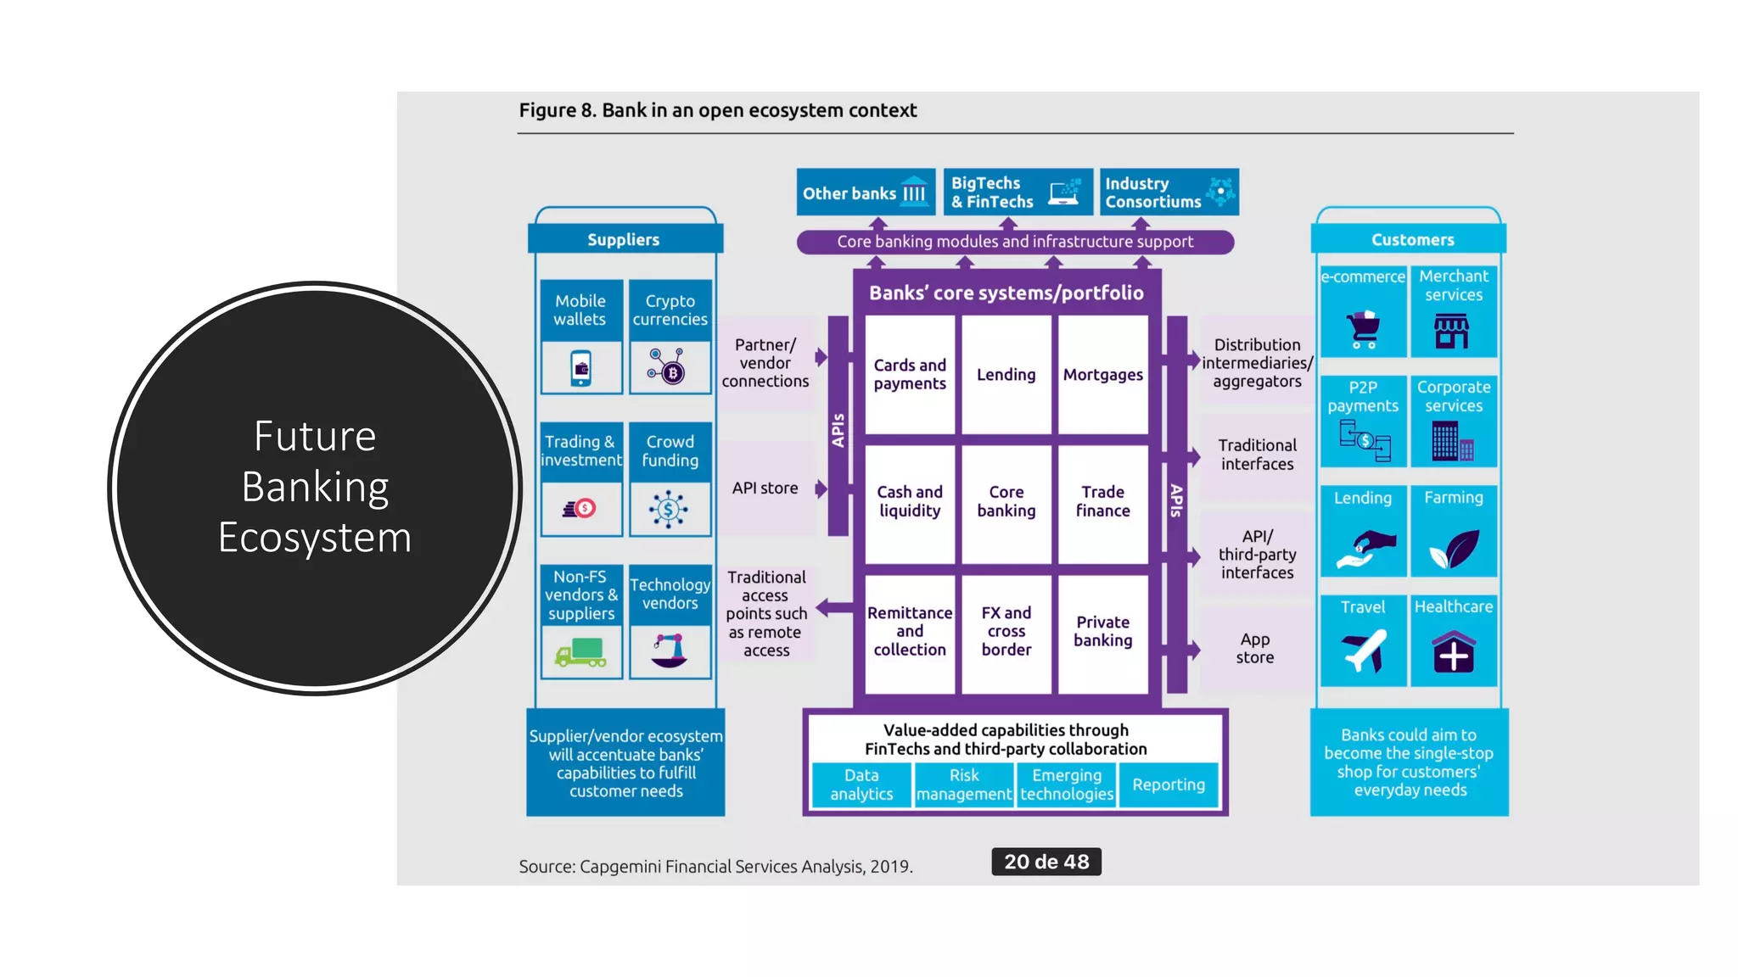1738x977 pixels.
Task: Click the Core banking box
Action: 1006,501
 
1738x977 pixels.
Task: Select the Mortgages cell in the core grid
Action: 1102,375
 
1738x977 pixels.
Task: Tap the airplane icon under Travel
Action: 1363,651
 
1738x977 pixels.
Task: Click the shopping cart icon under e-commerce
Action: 1363,330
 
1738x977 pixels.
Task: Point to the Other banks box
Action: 865,193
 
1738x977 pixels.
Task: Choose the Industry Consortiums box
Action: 1169,193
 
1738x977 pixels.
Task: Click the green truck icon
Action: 581,652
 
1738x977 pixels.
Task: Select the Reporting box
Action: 1168,784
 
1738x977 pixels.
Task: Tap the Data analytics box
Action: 861,784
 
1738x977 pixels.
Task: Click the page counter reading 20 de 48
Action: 1046,862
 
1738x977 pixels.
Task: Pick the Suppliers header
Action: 624,240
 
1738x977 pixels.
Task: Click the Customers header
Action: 1412,240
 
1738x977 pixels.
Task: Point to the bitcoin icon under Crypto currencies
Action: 670,368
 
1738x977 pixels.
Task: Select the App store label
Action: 1254,649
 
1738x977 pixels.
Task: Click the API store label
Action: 765,488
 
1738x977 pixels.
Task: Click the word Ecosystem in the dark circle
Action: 315,538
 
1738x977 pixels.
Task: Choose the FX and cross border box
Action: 1006,631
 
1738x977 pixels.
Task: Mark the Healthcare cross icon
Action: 1453,653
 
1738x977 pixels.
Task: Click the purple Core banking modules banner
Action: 1014,242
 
